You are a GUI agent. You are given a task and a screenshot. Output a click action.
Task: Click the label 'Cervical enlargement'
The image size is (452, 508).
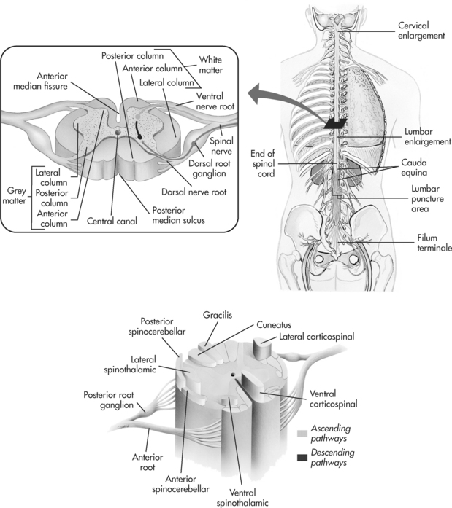tap(421, 31)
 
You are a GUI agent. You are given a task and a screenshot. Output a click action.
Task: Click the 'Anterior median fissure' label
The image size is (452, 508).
tap(64, 87)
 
